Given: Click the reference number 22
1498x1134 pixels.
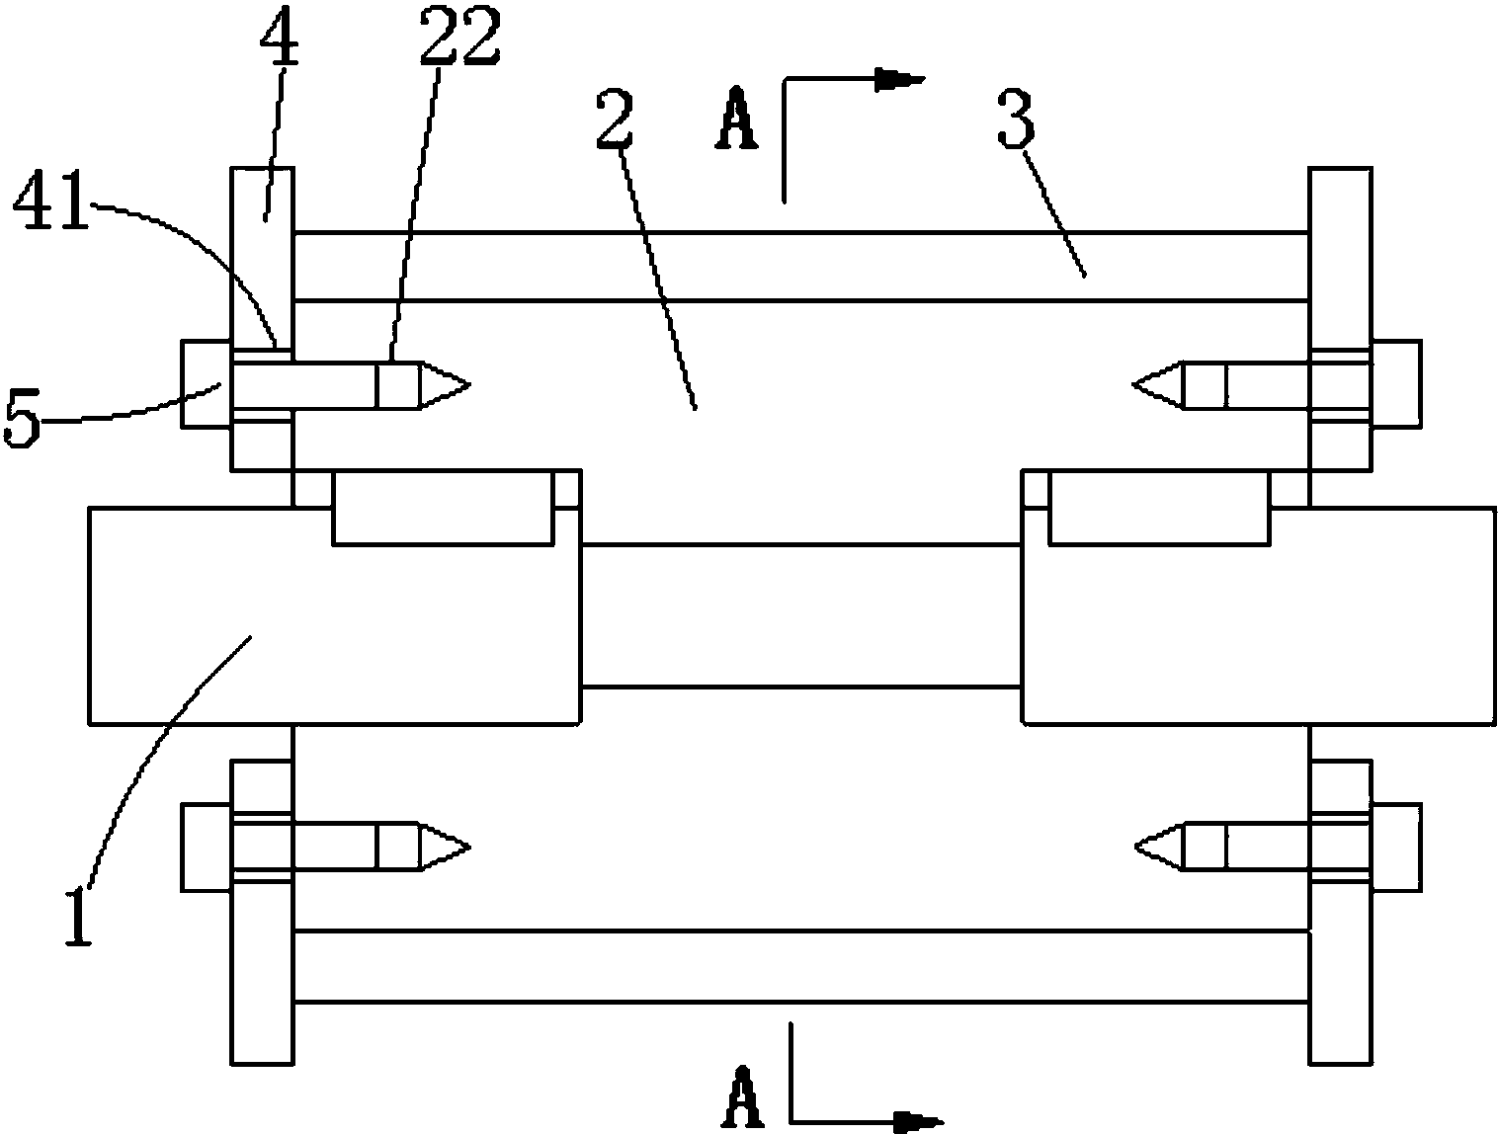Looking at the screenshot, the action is pos(460,36).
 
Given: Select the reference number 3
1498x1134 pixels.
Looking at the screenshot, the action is pos(1016,120).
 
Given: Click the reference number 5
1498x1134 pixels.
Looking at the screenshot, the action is pos(22,418).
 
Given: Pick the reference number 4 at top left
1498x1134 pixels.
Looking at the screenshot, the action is pos(279,36).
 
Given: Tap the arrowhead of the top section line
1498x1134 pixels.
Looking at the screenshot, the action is pos(900,80).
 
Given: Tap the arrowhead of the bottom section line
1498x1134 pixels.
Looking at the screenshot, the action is pos(919,1121).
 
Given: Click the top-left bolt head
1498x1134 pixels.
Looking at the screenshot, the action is pos(207,384).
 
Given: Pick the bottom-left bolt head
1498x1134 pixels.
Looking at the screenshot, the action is pos(207,849).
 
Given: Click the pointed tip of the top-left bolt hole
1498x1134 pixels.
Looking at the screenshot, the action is pos(470,385).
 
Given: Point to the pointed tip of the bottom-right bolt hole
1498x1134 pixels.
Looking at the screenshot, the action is pos(1135,847).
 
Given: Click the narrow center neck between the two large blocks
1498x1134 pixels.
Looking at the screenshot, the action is pos(801,615).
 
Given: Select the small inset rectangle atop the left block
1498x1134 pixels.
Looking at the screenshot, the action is pos(443,507).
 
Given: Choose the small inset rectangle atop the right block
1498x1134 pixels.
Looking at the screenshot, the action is pos(1159,507).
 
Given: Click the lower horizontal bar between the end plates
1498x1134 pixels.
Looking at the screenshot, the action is pos(801,966).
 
